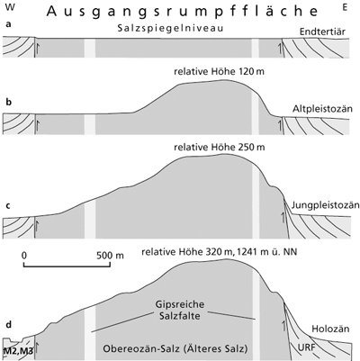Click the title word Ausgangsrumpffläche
tap(182, 12)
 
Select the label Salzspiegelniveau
tap(170, 29)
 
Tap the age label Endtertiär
tap(322, 32)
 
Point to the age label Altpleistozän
tap(322, 108)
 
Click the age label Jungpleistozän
tap(326, 205)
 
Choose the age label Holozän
tap(330, 329)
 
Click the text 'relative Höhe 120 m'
tap(219, 72)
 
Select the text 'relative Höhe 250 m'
tap(220, 148)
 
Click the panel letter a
tap(8, 24)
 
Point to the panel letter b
tap(9, 102)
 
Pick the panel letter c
tap(8, 206)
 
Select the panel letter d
tap(9, 325)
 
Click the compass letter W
tap(10, 7)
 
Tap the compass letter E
tap(345, 7)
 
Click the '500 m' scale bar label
tap(110, 256)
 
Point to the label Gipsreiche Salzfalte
tap(180, 310)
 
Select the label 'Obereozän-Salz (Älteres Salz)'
tap(175, 348)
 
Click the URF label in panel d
tap(307, 347)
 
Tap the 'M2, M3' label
tap(18, 350)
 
